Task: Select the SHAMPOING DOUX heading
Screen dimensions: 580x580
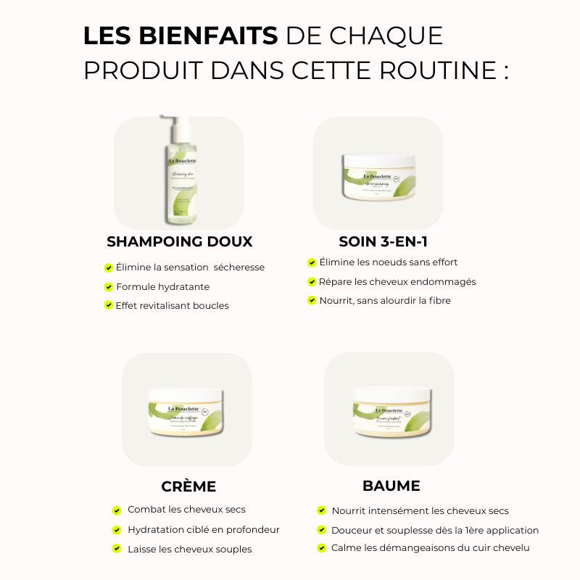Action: point(179,241)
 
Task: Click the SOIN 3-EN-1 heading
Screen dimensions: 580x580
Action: point(378,241)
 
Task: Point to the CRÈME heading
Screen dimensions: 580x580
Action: point(188,486)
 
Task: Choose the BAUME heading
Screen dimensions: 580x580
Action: point(391,485)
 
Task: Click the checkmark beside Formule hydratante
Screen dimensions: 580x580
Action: point(109,286)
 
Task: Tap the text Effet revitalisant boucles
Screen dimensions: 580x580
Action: point(172,306)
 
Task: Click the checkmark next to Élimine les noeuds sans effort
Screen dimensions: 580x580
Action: point(312,262)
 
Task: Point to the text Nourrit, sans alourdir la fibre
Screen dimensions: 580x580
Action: point(385,301)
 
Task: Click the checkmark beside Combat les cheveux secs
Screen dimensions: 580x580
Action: point(117,510)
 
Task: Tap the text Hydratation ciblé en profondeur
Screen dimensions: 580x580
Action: point(203,530)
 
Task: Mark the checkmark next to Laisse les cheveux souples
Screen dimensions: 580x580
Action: point(117,550)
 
